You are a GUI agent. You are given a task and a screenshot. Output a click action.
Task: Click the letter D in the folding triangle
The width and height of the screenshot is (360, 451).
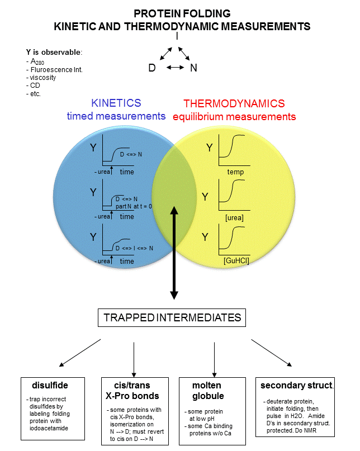coord(151,68)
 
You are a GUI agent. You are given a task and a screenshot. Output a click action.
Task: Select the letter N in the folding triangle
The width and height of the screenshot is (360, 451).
coord(194,68)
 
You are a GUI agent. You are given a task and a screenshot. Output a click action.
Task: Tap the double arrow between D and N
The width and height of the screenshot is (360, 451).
coord(175,68)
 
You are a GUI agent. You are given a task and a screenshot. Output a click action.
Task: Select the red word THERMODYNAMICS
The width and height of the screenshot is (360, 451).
coord(234,103)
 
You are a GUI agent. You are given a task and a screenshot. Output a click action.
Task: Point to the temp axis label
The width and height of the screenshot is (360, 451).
coord(235,172)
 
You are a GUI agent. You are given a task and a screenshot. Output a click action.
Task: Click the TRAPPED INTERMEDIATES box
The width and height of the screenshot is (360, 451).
coord(172,318)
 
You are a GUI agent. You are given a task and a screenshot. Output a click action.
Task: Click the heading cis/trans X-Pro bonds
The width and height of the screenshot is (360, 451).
coord(132,391)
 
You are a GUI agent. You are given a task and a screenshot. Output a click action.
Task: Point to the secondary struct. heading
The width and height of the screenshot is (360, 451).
coord(296,386)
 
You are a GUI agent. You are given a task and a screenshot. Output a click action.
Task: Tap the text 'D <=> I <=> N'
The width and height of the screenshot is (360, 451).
coord(134,247)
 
